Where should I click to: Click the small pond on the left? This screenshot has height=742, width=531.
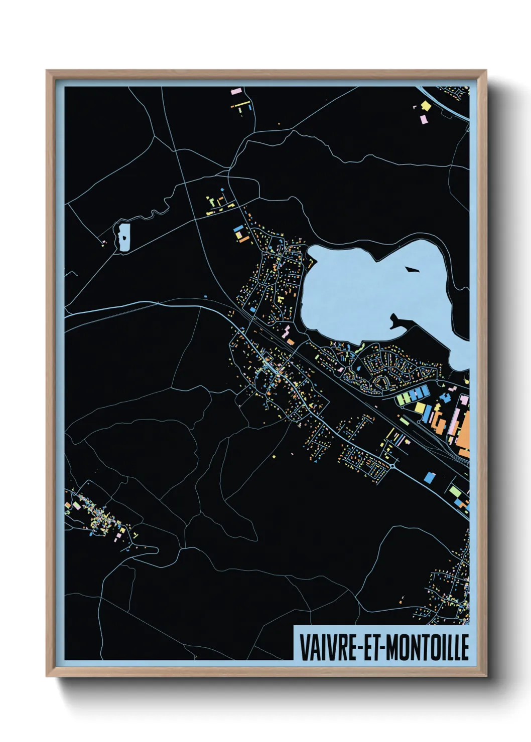click(x=123, y=237)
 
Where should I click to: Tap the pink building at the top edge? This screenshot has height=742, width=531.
click(x=236, y=92)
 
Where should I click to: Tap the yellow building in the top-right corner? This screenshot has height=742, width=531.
click(x=426, y=105)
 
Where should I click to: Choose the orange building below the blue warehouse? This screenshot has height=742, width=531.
click(x=244, y=240)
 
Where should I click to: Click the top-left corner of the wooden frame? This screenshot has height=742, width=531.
click(x=47, y=71)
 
